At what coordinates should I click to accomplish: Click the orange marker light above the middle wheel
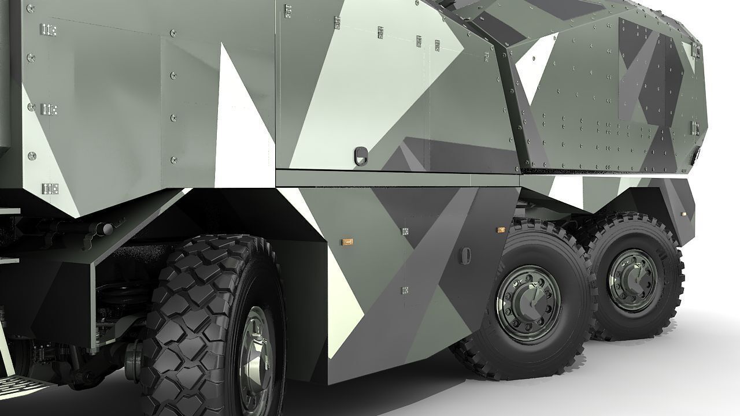tap(501, 229)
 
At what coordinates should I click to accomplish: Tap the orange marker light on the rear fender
tap(683, 214)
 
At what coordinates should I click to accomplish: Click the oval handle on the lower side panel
tap(465, 254)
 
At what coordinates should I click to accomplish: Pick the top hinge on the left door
tap(49, 30)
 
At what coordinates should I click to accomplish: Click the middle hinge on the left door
tap(49, 109)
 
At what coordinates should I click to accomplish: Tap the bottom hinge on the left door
tap(50, 188)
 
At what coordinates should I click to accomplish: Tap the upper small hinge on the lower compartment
tap(405, 231)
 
